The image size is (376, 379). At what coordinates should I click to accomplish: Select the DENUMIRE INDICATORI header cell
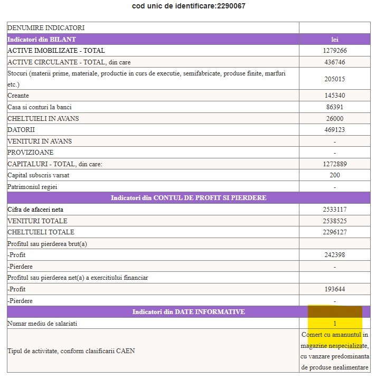pos(46,28)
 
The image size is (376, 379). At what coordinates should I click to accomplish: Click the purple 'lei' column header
pos(335,40)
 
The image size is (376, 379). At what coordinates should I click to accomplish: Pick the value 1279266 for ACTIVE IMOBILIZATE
pos(335,51)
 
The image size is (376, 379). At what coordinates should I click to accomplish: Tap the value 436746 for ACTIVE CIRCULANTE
pos(335,62)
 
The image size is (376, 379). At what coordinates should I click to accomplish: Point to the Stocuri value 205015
pos(335,79)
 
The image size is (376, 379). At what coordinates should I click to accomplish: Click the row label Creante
pos(18,96)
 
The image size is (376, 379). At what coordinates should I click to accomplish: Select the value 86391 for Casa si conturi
pos(335,107)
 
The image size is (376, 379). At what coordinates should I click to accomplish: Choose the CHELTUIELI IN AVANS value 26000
pos(335,119)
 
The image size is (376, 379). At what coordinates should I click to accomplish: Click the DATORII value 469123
pos(335,130)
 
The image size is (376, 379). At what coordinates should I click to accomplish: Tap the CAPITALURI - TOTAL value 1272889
pos(335,164)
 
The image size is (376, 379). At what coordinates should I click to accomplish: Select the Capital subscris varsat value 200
pos(335,175)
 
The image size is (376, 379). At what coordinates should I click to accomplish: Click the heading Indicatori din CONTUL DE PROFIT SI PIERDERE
pos(189,198)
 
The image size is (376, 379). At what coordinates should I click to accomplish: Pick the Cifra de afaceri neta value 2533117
pos(335,210)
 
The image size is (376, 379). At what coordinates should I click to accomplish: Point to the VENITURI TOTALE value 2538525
pos(335,221)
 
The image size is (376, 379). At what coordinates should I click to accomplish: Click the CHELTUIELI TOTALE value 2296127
pos(335,232)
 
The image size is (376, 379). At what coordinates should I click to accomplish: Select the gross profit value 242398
pos(335,255)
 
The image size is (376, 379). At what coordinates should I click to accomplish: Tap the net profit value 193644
pos(335,289)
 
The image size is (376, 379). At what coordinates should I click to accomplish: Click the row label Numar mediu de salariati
pos(42,323)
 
